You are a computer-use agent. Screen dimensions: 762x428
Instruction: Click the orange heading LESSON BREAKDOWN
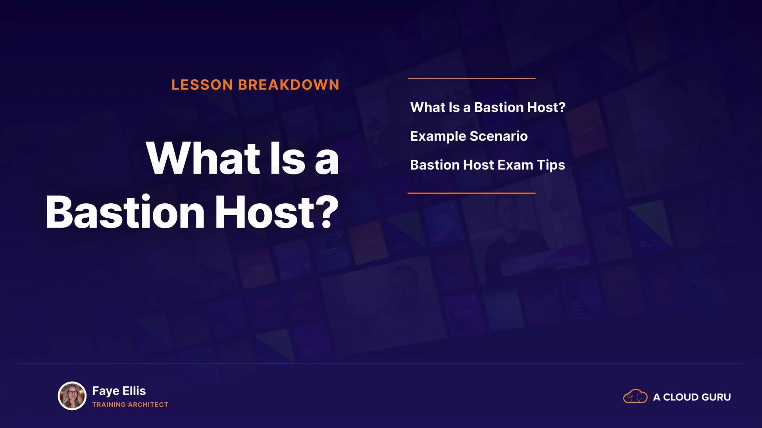[x=255, y=85]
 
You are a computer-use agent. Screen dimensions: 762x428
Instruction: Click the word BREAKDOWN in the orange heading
[x=289, y=85]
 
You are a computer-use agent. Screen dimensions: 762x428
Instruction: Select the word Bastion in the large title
[x=125, y=212]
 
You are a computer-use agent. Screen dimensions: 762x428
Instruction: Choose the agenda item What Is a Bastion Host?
[x=488, y=107]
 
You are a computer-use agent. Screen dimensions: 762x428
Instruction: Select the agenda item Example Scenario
[x=469, y=136]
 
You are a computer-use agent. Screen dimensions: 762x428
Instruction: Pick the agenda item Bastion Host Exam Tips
[x=487, y=165]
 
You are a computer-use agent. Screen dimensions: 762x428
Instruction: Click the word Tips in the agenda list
[x=551, y=165]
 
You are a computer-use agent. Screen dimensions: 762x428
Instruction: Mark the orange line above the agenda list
[x=471, y=78]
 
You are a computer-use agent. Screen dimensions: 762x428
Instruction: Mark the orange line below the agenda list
[x=471, y=193]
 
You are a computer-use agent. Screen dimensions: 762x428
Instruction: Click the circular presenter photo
[x=72, y=396]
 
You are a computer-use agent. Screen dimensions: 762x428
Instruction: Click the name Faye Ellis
[x=119, y=391]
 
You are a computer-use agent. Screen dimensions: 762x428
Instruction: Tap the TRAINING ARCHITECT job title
[x=130, y=405]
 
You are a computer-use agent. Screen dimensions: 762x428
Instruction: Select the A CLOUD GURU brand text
[x=692, y=397]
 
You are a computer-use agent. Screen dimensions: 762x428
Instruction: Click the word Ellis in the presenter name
[x=134, y=391]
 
